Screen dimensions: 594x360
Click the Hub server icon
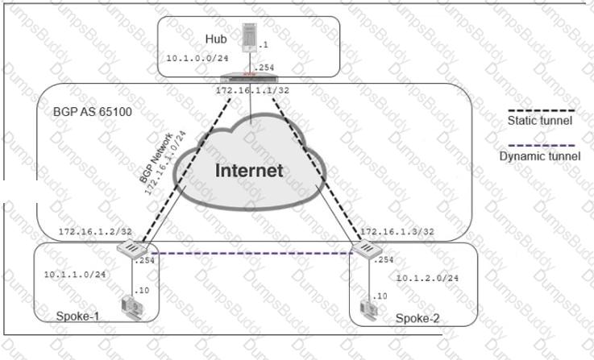(250, 38)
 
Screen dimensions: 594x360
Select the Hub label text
(216, 39)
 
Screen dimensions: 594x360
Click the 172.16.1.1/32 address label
(252, 91)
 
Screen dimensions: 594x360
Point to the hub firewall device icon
(249, 77)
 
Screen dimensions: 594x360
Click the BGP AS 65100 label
(93, 112)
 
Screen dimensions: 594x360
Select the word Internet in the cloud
(249, 171)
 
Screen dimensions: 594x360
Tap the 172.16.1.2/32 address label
(95, 232)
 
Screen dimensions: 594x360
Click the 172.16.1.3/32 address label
(397, 232)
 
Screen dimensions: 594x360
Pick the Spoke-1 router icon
(132, 248)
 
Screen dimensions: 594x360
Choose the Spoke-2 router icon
(367, 249)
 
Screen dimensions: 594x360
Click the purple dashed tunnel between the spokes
(252, 253)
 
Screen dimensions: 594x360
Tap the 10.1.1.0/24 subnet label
(75, 275)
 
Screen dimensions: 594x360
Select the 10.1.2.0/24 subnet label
(427, 278)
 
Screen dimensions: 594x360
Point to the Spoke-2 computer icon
(368, 310)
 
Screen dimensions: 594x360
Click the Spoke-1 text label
(77, 316)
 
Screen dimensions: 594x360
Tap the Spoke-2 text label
(417, 318)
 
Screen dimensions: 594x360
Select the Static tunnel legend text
(540, 121)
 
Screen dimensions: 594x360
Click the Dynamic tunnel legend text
(540, 156)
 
